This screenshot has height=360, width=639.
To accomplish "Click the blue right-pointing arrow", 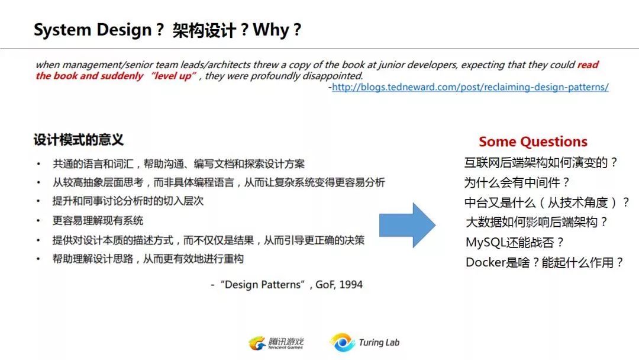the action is click(407, 225).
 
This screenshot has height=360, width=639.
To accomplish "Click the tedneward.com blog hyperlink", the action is click(470, 87).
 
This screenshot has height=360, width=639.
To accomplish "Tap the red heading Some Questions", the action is click(533, 142).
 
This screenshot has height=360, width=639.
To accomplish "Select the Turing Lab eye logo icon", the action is click(343, 342).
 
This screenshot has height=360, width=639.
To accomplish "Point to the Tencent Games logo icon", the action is click(257, 343).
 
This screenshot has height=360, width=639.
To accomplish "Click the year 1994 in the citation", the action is click(350, 285).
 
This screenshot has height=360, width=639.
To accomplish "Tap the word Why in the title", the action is click(271, 30).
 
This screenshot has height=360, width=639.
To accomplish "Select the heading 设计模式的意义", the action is click(78, 140).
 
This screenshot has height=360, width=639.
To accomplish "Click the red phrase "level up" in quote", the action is click(173, 76).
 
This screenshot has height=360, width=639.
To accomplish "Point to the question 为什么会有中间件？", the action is click(517, 182).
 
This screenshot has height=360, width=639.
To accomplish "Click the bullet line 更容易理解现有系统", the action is click(98, 221).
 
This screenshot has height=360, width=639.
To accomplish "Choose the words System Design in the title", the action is click(92, 30).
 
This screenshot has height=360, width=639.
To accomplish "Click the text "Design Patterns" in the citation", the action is click(263, 285).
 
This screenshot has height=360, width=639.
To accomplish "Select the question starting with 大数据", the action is click(536, 222).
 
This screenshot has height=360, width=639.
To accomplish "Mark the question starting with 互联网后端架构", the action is click(541, 163).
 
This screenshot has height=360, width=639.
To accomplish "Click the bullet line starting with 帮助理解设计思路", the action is click(148, 259).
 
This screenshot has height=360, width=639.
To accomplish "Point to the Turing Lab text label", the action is click(379, 342).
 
